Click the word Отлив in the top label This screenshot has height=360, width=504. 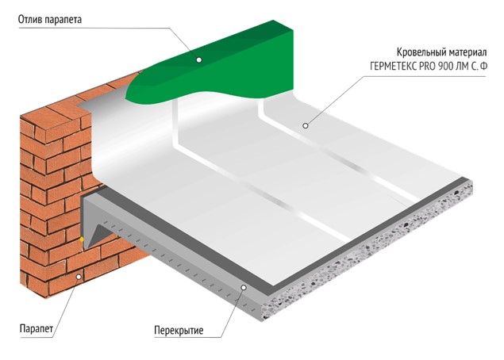pos(30,19)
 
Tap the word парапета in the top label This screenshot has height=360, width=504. pos(63,20)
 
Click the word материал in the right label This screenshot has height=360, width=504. pos(465,52)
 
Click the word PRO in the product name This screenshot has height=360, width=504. pos(427,67)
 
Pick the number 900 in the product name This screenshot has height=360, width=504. pos(444,67)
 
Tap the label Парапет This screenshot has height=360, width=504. pos(37,329)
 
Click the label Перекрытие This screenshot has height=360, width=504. pos(179,331)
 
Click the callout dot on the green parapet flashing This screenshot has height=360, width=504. pos(199,60)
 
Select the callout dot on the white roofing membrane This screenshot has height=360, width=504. pos(306,125)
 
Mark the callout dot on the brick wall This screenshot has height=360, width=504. pos(79,277)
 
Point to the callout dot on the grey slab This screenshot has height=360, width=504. pos(244,287)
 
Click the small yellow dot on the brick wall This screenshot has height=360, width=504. pos(82,239)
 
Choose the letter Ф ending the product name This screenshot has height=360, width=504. pos(483,67)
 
